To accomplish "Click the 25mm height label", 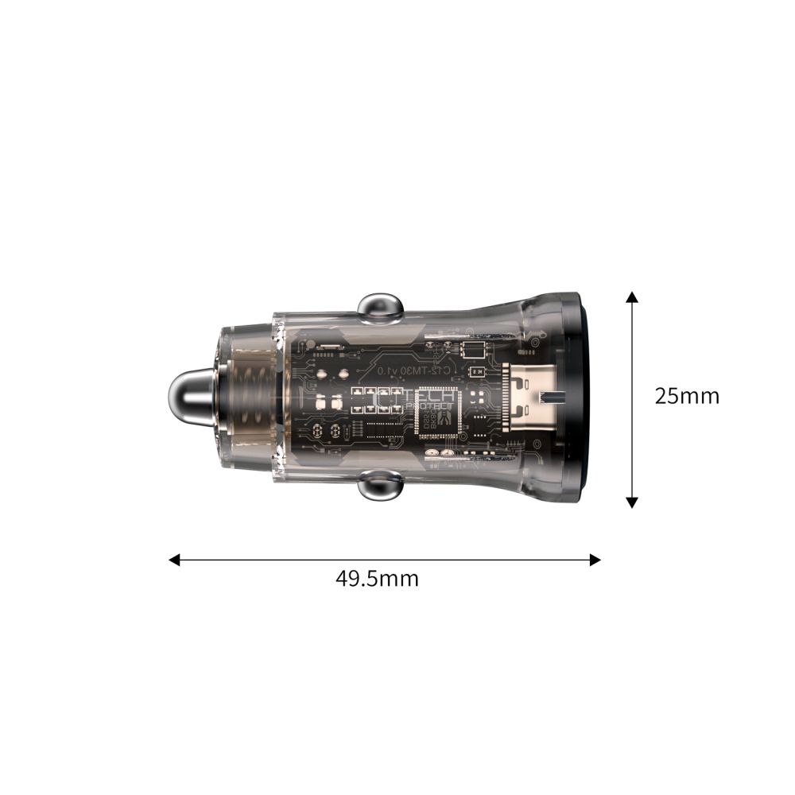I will (x=686, y=396).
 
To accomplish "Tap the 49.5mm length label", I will (x=377, y=578).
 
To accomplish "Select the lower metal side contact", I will (x=380, y=486).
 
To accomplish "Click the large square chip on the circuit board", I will (x=436, y=413).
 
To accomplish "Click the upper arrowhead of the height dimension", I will (x=632, y=297).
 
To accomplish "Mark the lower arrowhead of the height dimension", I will (x=632, y=502).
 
